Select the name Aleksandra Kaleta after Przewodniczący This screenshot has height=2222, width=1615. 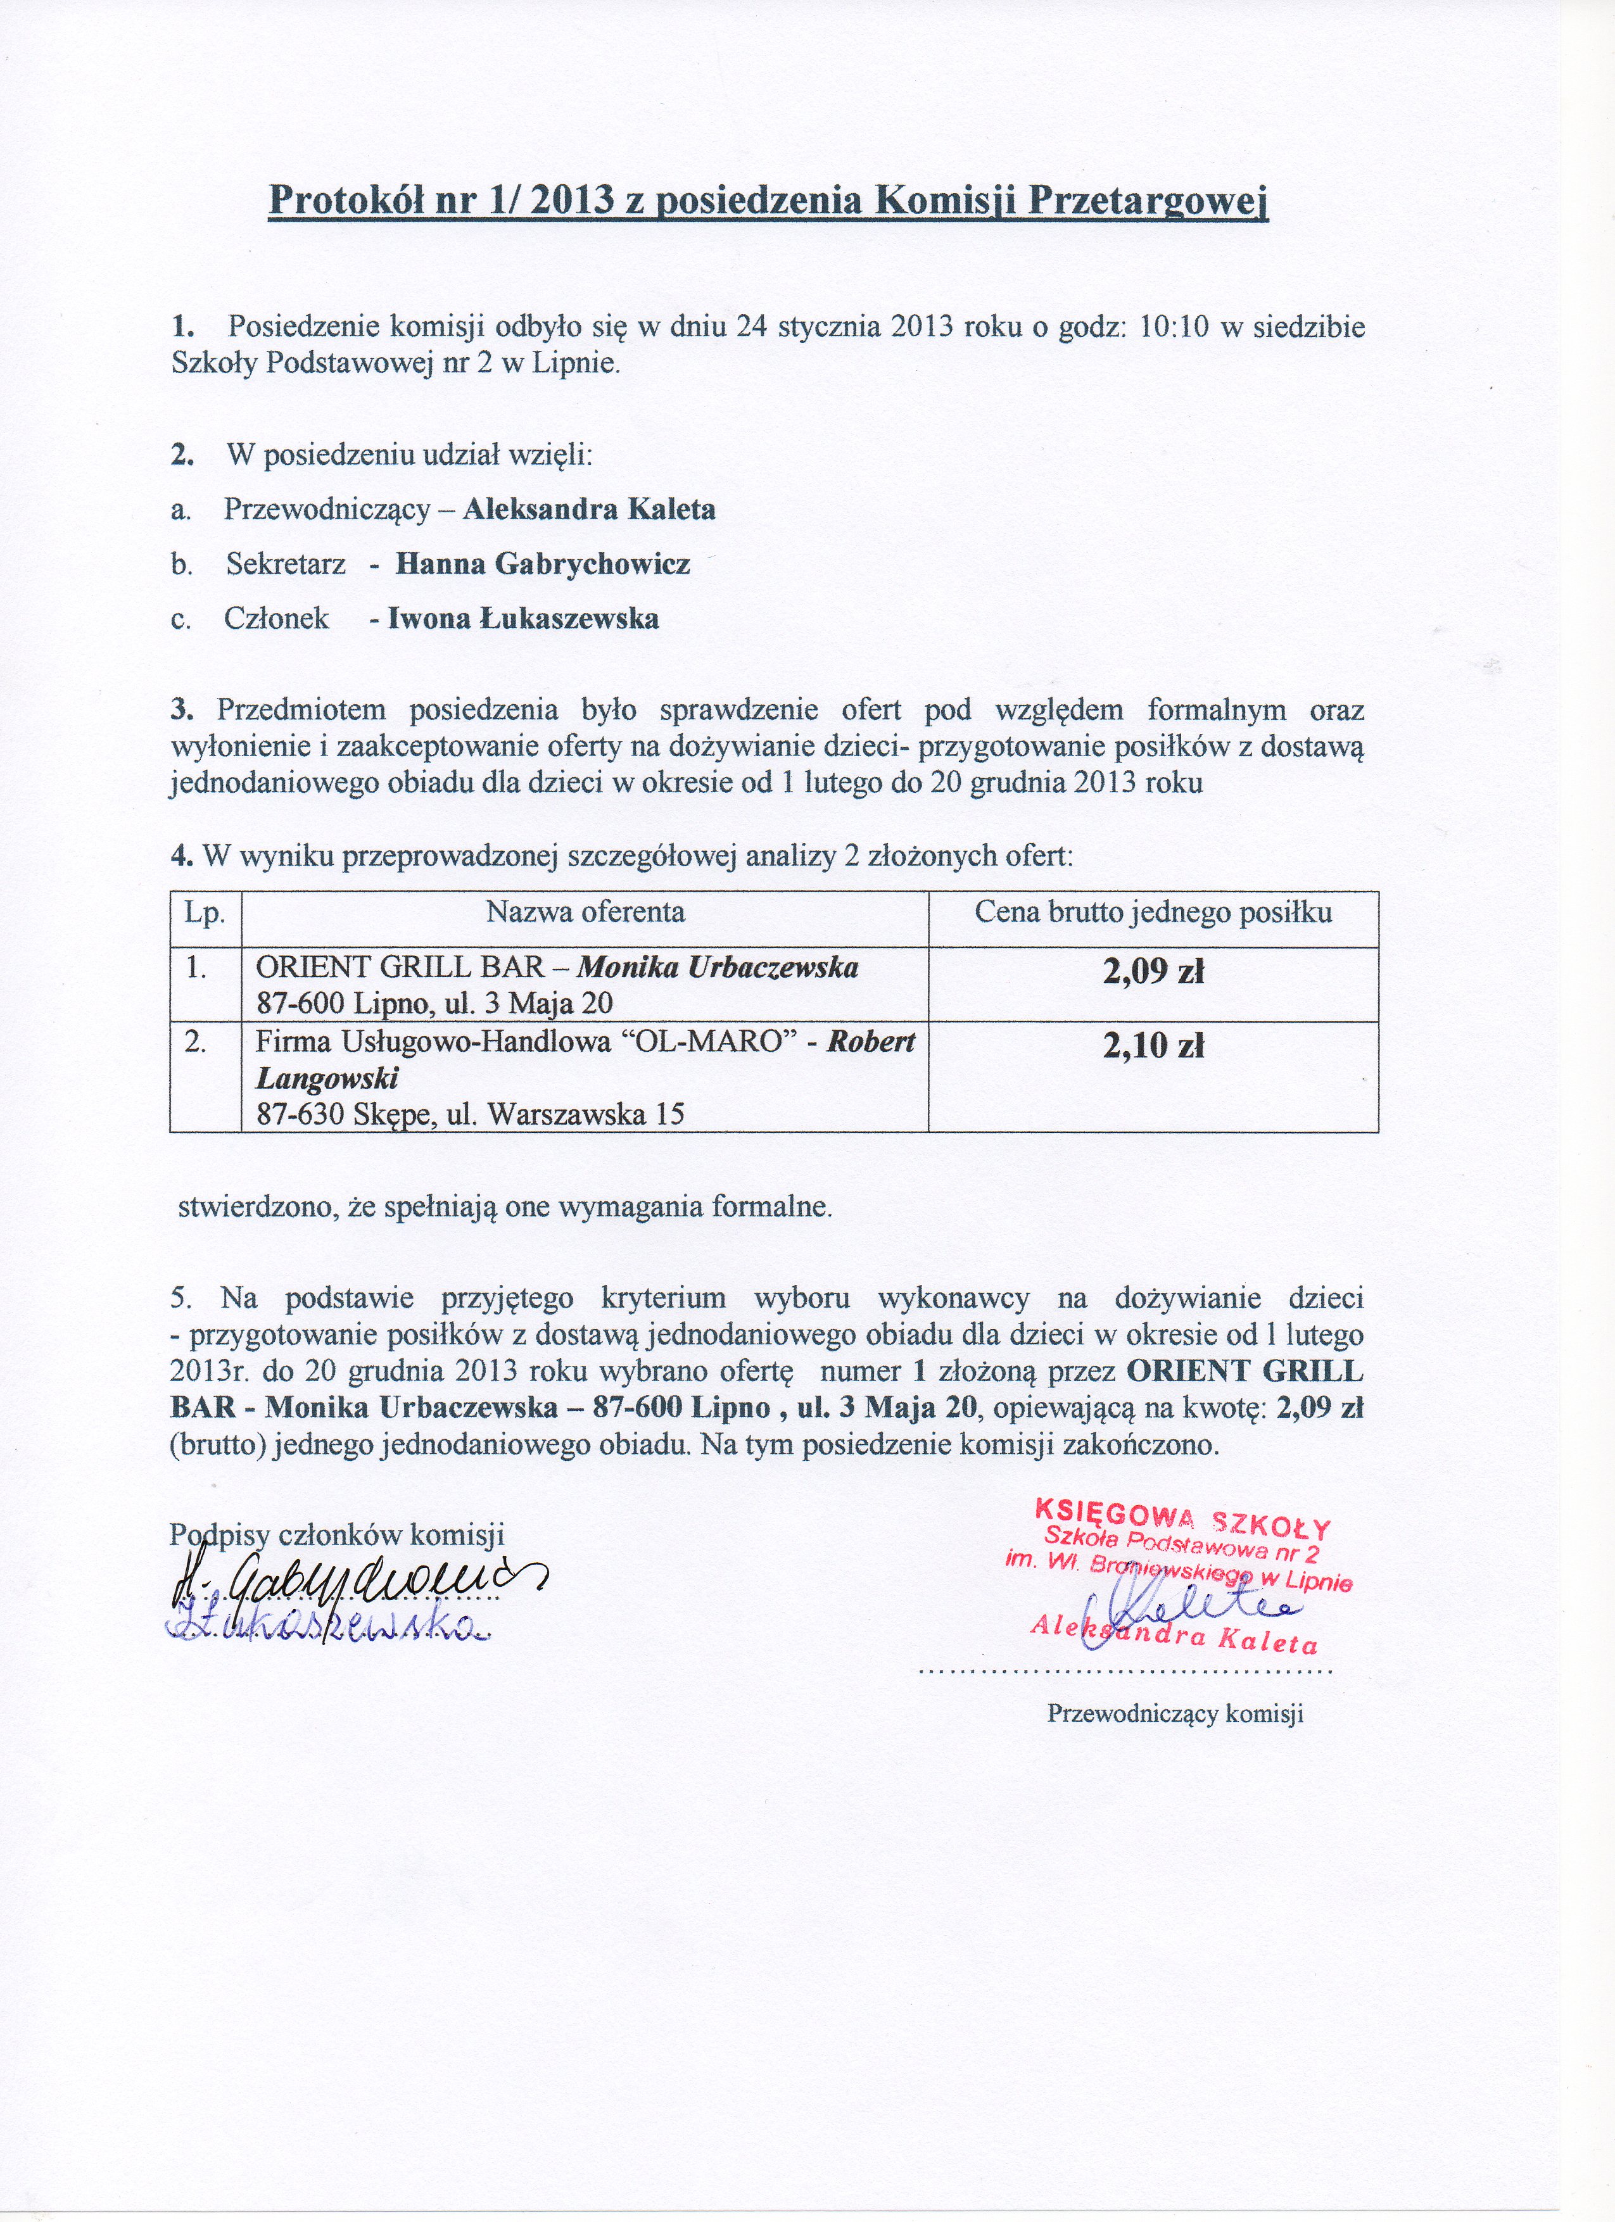[x=589, y=510]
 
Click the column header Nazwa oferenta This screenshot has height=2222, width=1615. [x=585, y=913]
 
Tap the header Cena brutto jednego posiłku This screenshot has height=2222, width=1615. [x=1153, y=913]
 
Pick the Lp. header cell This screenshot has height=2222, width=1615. [x=205, y=913]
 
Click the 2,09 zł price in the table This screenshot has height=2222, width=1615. [x=1153, y=972]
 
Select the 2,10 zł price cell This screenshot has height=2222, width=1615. [x=1153, y=1048]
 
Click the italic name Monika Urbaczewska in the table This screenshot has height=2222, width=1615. [x=718, y=968]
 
